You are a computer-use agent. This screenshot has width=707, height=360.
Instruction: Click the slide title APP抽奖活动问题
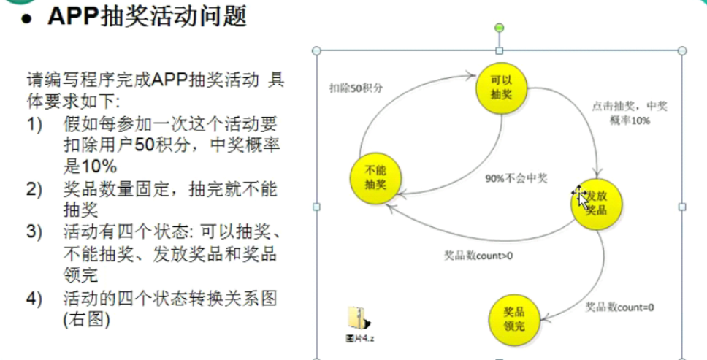click(146, 16)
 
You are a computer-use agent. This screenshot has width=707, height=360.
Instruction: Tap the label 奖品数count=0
click(619, 307)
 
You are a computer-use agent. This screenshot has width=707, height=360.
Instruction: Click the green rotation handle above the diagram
click(500, 28)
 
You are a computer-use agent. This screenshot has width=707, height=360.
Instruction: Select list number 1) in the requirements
click(36, 125)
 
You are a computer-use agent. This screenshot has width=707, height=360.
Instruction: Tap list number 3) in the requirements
click(36, 234)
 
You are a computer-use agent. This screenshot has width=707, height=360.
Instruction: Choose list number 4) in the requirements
click(36, 299)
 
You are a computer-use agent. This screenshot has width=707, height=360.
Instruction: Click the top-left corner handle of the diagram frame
click(316, 51)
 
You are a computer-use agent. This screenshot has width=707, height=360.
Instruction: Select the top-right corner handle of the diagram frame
click(682, 51)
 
